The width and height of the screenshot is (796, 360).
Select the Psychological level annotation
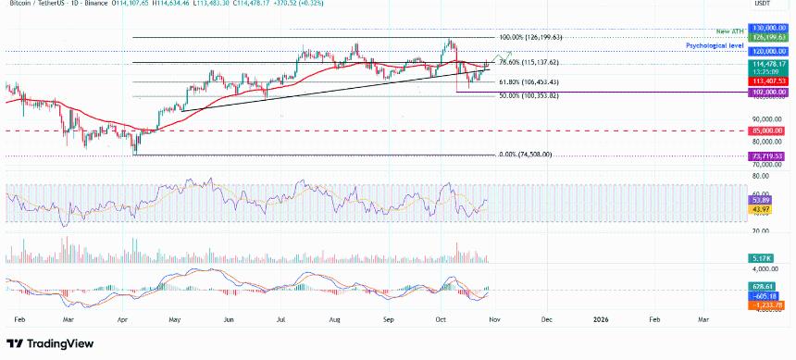coord(715,44)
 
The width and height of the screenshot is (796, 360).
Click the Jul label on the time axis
coord(279,318)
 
